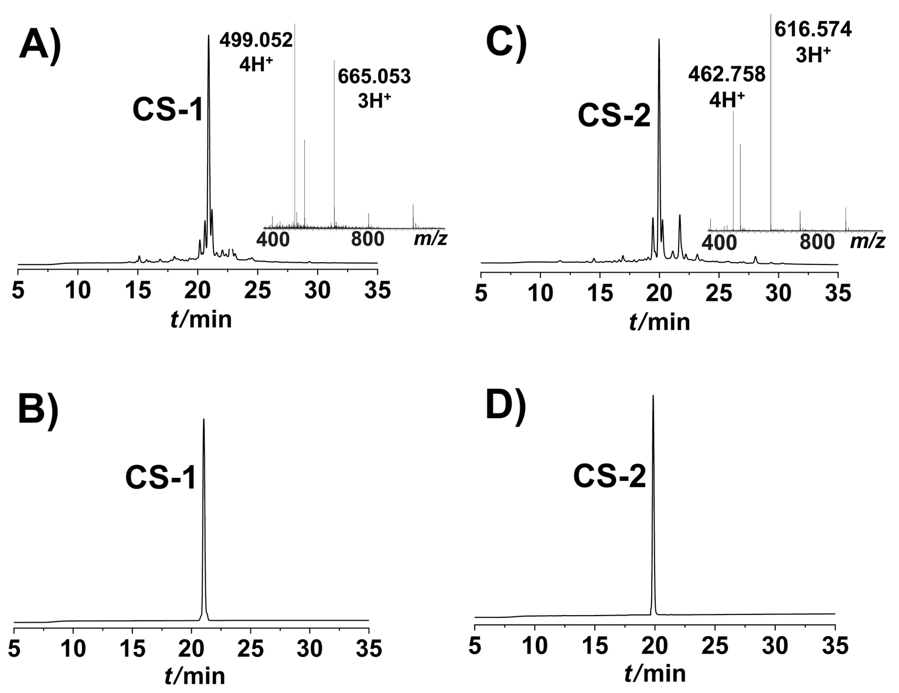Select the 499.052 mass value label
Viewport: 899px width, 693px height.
tap(256, 40)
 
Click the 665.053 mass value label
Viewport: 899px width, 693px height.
tap(374, 77)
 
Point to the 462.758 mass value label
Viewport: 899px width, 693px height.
tap(727, 74)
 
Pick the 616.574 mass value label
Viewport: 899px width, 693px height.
tap(813, 29)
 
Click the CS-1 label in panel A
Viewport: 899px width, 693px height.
tap(168, 110)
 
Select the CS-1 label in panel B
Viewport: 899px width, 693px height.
tap(161, 478)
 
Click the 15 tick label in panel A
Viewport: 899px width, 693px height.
tap(138, 290)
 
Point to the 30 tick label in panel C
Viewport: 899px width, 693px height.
tap(779, 293)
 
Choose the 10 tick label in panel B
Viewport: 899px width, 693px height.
tap(73, 648)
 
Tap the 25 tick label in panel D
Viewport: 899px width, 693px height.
tap(715, 646)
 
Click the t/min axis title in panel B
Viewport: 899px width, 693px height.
tap(195, 677)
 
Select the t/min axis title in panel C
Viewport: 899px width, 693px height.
tap(659, 322)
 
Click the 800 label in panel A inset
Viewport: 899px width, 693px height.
tap(368, 240)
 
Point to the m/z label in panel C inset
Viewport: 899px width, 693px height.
tap(867, 242)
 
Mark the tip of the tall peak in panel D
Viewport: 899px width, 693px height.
tap(653, 395)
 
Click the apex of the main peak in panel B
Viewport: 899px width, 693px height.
tap(203, 419)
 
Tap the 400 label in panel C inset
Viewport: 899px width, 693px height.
tap(719, 243)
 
